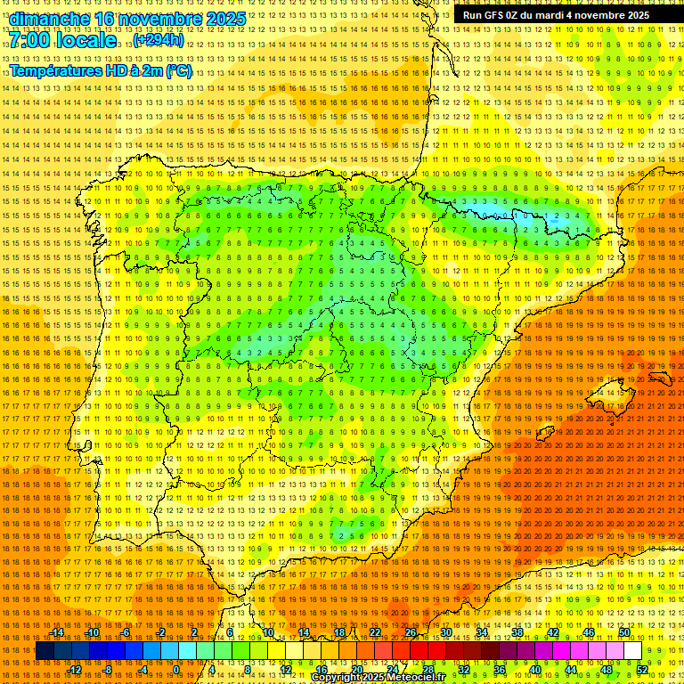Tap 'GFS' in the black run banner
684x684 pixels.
(x=493, y=15)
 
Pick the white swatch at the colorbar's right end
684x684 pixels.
(x=632, y=651)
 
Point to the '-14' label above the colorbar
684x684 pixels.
(x=57, y=632)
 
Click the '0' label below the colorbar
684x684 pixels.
(x=176, y=669)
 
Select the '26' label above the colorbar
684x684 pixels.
(x=411, y=632)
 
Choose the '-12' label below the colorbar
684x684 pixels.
(x=75, y=669)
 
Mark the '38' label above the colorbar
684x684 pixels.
(x=517, y=632)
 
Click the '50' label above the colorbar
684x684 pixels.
(x=624, y=632)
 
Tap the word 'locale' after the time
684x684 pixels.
(x=85, y=41)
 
